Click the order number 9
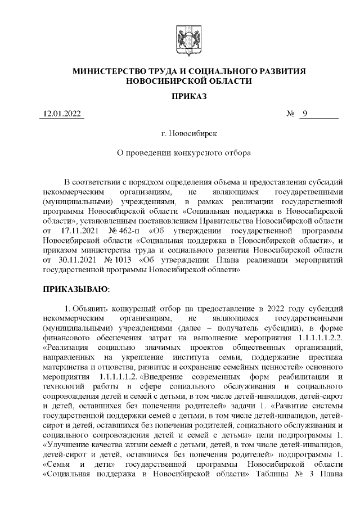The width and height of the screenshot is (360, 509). (x=304, y=115)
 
